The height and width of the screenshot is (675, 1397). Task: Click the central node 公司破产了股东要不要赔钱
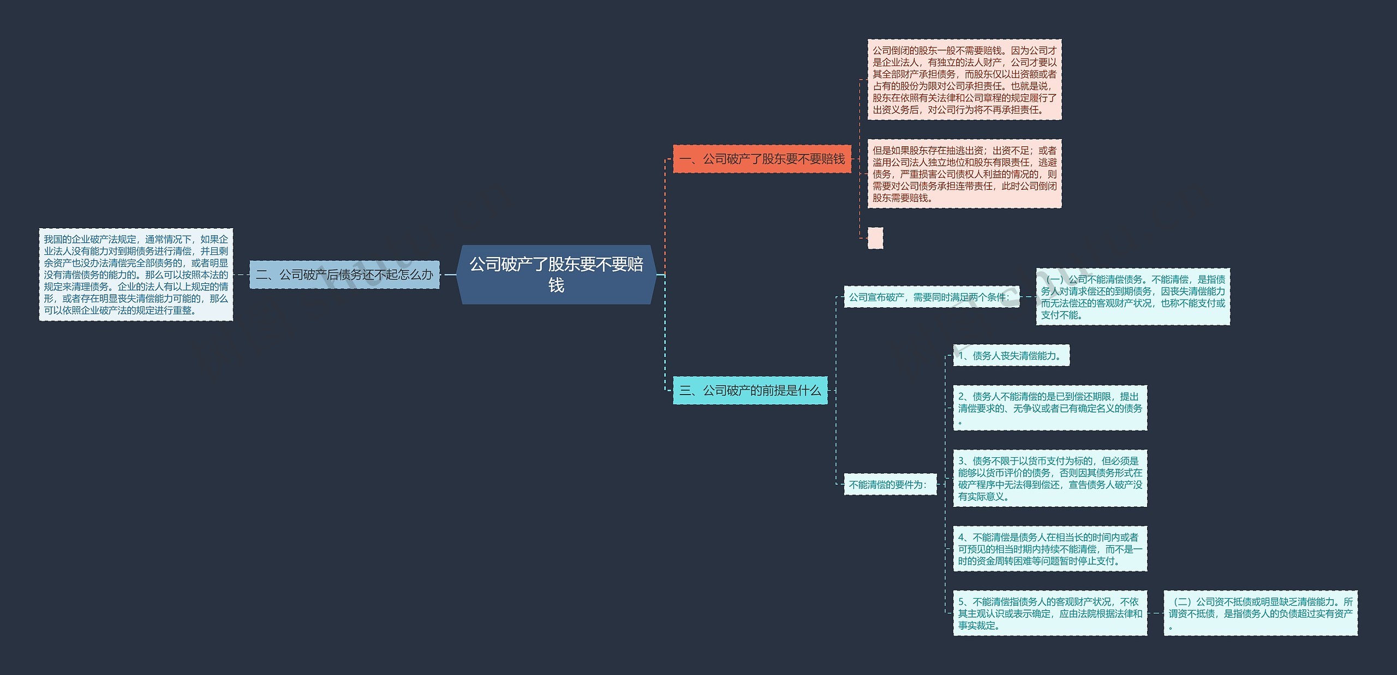[556, 274]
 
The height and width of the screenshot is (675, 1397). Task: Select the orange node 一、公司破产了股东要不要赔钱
[762, 159]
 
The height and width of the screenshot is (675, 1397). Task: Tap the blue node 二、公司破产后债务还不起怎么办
[344, 274]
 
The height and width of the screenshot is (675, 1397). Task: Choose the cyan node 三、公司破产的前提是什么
[750, 390]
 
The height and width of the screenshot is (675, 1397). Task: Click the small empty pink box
[875, 238]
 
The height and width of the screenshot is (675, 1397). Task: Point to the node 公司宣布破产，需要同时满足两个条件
[931, 297]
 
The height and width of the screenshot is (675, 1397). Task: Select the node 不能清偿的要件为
[889, 484]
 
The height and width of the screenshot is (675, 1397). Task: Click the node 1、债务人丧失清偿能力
[1011, 355]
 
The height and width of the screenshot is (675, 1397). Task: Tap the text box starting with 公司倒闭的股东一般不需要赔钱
[964, 80]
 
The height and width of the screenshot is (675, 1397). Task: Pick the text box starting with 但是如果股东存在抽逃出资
[964, 174]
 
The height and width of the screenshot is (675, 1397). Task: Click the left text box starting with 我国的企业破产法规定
[136, 274]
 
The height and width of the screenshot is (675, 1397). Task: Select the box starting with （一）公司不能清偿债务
[1133, 297]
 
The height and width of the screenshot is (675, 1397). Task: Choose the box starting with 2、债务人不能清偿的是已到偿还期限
[1050, 408]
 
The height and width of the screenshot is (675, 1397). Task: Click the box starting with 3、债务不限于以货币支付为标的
[1050, 479]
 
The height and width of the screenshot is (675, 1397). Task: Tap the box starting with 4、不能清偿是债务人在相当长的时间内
[1050, 549]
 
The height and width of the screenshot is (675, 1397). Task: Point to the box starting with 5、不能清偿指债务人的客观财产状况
[1050, 613]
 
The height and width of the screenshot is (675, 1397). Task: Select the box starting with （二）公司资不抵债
[1261, 613]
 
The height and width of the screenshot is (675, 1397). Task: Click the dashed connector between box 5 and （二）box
[1155, 613]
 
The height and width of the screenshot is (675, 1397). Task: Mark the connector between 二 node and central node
[448, 274]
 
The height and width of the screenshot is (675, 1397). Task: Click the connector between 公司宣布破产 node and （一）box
[1028, 297]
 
